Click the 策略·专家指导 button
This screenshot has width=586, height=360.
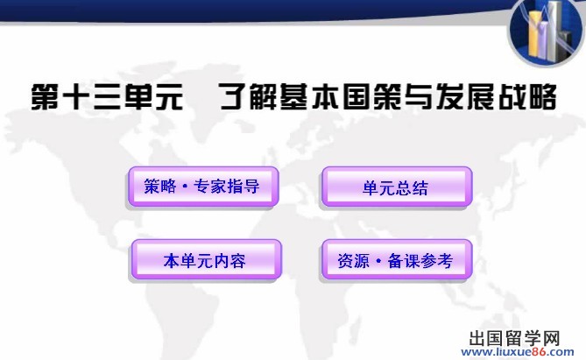tap(203, 187)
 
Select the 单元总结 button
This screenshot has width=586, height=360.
tap(397, 187)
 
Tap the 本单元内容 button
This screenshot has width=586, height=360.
tap(206, 259)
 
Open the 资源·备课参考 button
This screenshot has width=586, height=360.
tap(397, 259)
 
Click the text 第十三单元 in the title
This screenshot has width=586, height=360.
tap(107, 97)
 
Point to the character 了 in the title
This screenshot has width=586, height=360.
tap(233, 97)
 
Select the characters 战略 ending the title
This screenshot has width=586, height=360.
tap(527, 97)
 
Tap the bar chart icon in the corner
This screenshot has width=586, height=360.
tap(547, 32)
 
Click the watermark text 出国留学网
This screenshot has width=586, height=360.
tap(514, 339)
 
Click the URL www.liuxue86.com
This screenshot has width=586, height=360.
tap(518, 352)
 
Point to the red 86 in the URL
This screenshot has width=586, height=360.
tap(540, 352)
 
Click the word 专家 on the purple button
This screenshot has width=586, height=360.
tap(210, 187)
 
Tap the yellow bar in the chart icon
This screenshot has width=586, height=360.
tap(535, 33)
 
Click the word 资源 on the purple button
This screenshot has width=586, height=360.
tap(354, 260)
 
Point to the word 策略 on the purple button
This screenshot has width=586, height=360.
tap(160, 187)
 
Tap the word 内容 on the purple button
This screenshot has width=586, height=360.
tap(229, 260)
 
